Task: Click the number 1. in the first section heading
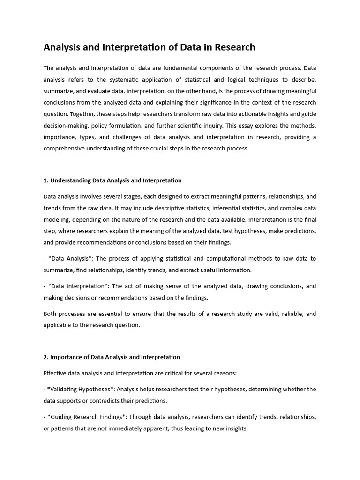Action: (x=46, y=180)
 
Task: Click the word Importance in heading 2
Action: (x=67, y=357)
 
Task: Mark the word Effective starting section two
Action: (x=55, y=373)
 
